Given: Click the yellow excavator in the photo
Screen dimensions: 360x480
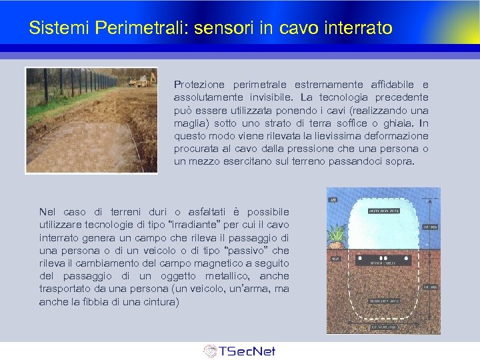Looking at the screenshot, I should pyautogui.click(x=141, y=81).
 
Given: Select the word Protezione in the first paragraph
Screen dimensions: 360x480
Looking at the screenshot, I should pyautogui.click(x=198, y=85).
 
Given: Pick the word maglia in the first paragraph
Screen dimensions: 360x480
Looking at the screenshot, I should pyautogui.click(x=190, y=123).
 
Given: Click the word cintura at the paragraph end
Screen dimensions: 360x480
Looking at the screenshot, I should pyautogui.click(x=157, y=302).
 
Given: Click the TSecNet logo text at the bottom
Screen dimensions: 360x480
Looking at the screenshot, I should pyautogui.click(x=247, y=351).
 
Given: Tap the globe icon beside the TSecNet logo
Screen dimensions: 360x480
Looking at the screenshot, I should pyautogui.click(x=210, y=351).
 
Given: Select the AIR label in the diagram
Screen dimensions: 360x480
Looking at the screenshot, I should pyautogui.click(x=332, y=199).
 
